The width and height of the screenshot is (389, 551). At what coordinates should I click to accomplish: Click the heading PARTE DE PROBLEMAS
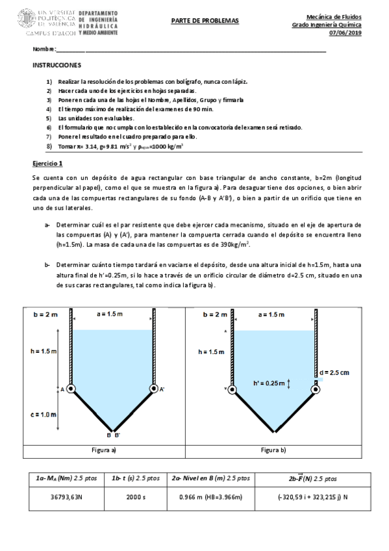tap(205, 21)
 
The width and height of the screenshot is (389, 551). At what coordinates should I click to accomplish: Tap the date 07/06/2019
tap(347, 33)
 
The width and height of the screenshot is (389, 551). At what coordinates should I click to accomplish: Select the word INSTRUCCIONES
tap(56, 66)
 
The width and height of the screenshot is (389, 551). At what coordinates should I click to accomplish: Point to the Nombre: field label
tap(45, 50)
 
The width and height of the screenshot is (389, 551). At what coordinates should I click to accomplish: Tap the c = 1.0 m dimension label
tap(44, 413)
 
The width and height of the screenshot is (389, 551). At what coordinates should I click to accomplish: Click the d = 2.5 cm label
tap(334, 372)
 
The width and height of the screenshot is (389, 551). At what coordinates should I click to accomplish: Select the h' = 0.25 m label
tap(268, 383)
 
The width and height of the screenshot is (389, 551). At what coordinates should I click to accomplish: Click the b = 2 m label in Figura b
tap(214, 314)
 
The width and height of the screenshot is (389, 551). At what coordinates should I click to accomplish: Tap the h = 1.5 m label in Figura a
tap(44, 351)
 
